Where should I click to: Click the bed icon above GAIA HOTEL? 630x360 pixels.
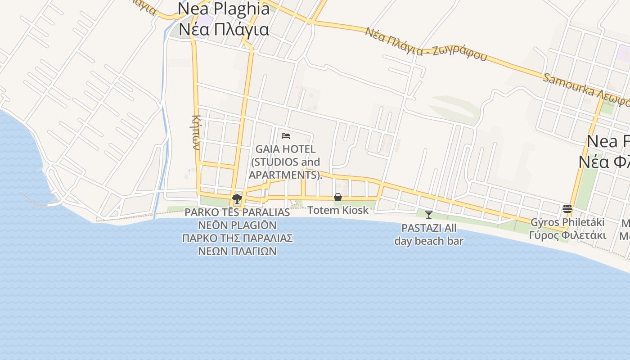(x=286, y=135)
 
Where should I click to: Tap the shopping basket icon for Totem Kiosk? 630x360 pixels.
(x=338, y=197)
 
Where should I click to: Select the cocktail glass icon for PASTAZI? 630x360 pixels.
(x=429, y=214)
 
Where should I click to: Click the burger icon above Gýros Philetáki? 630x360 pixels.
(x=567, y=209)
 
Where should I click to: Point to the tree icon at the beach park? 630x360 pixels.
(x=237, y=198)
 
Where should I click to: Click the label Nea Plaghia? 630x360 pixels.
(x=224, y=9)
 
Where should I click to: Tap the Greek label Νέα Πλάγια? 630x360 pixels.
(x=224, y=29)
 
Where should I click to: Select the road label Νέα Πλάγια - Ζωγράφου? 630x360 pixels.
(x=426, y=44)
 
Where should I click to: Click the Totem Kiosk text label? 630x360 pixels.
(x=338, y=210)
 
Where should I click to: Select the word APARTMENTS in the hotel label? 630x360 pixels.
(x=284, y=175)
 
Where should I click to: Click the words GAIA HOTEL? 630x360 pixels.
(x=285, y=149)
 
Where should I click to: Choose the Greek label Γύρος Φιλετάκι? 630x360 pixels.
(x=567, y=235)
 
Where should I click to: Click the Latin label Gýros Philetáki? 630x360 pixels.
(x=567, y=222)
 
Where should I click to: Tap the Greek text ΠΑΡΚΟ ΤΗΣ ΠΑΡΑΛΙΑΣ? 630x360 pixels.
(x=238, y=238)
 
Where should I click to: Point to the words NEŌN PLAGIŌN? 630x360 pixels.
(x=238, y=225)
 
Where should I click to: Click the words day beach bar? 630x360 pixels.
(x=429, y=241)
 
